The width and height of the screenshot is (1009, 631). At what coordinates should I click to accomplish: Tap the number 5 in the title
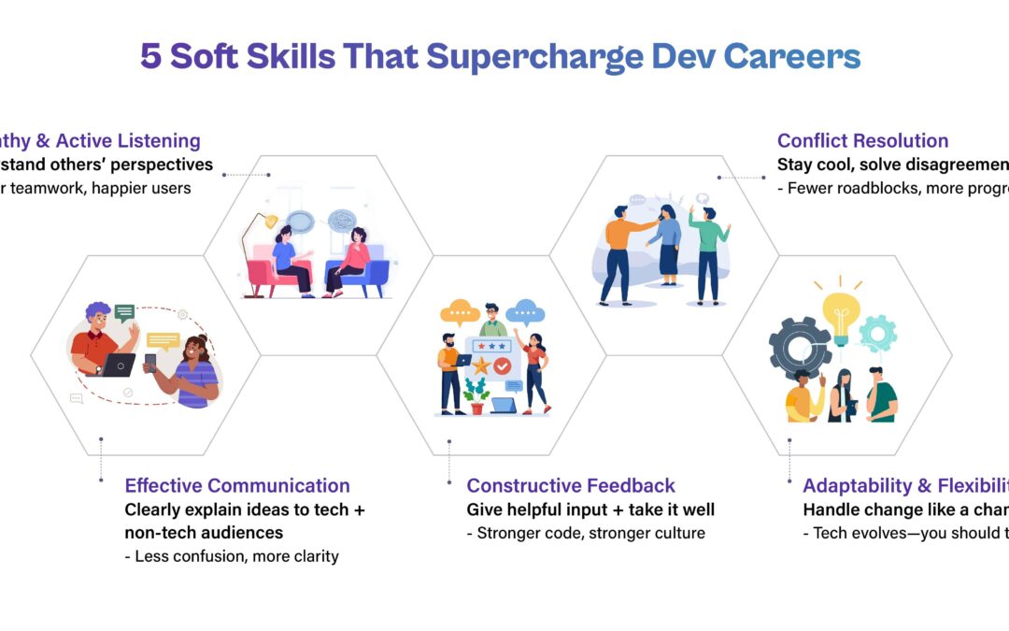click(x=150, y=57)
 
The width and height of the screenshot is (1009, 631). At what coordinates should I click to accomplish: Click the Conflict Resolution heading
click(x=862, y=141)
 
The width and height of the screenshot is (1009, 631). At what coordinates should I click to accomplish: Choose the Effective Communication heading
click(x=237, y=485)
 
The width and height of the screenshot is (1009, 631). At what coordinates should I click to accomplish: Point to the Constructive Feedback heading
click(x=571, y=485)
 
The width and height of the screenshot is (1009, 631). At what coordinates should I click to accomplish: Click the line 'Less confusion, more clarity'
click(x=236, y=556)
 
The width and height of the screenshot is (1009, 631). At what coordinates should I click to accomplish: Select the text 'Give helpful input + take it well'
click(x=590, y=509)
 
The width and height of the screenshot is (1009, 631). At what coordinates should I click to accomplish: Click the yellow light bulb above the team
click(x=839, y=313)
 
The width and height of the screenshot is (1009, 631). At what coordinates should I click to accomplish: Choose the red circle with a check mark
click(x=503, y=366)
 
